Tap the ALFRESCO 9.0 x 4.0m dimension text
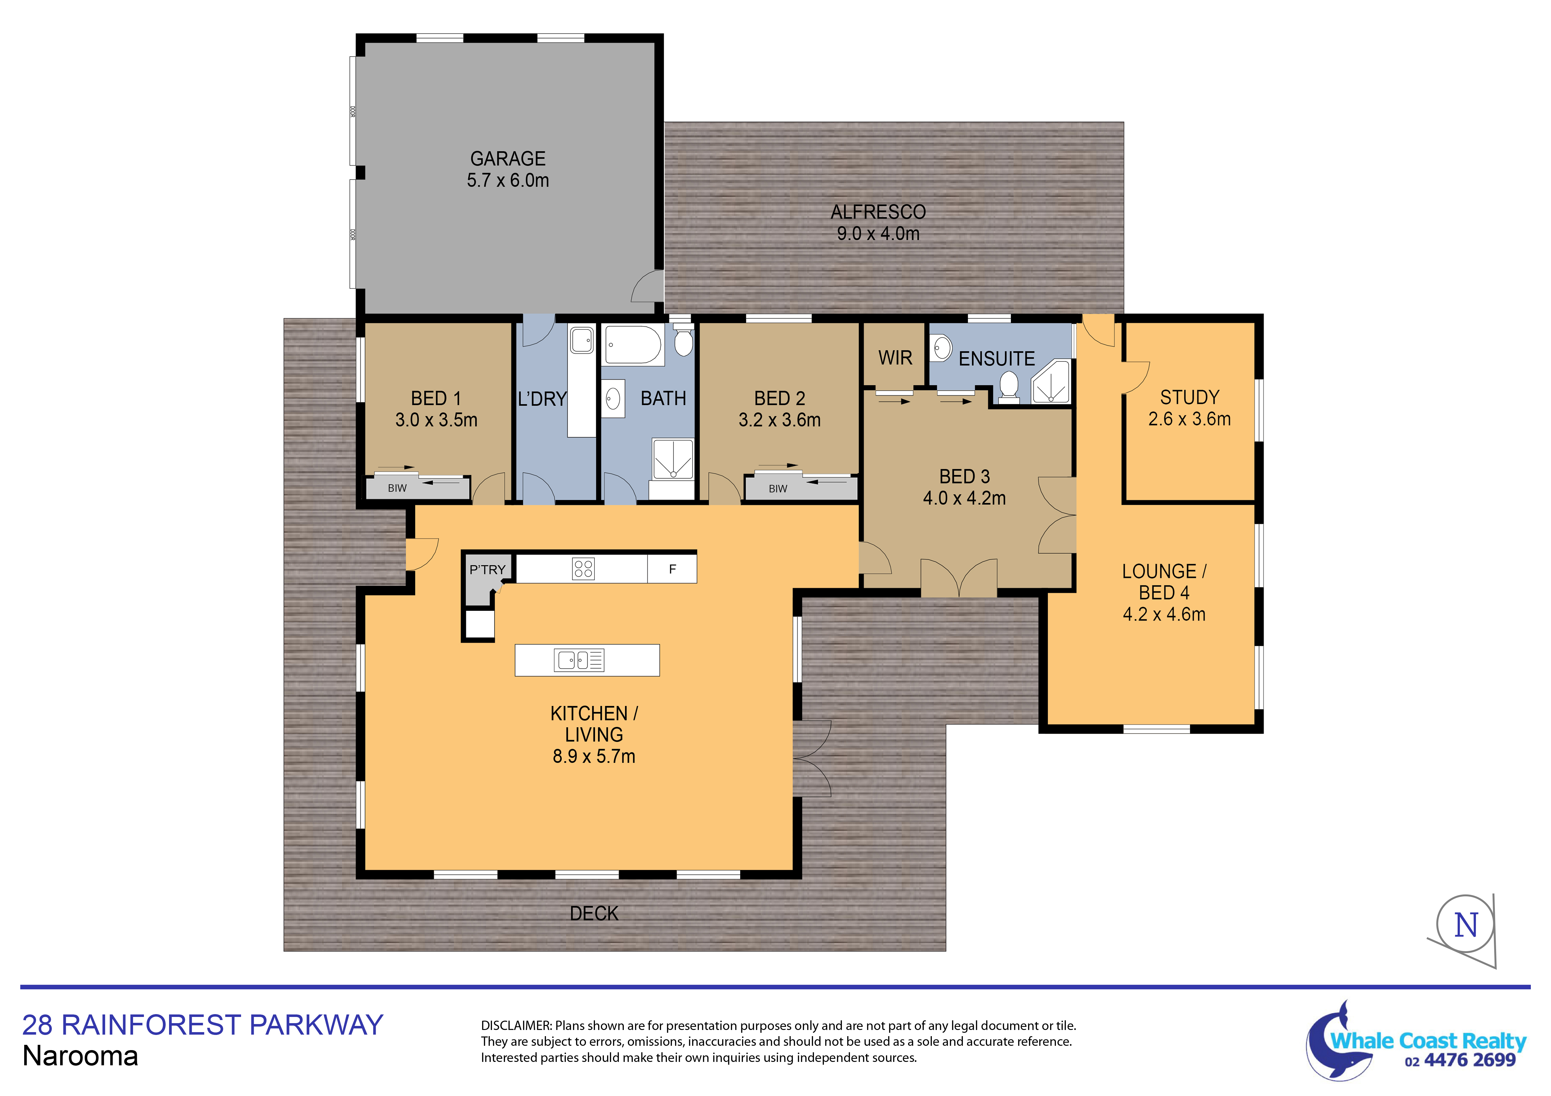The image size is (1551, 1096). (878, 234)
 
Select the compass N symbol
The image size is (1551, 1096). (1466, 925)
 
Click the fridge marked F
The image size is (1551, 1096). (672, 569)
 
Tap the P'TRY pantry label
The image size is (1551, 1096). (487, 569)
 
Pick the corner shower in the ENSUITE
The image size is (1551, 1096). (1051, 382)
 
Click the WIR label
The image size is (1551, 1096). (895, 358)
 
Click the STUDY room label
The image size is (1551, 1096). (1190, 397)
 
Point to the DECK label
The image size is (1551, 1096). (594, 914)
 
